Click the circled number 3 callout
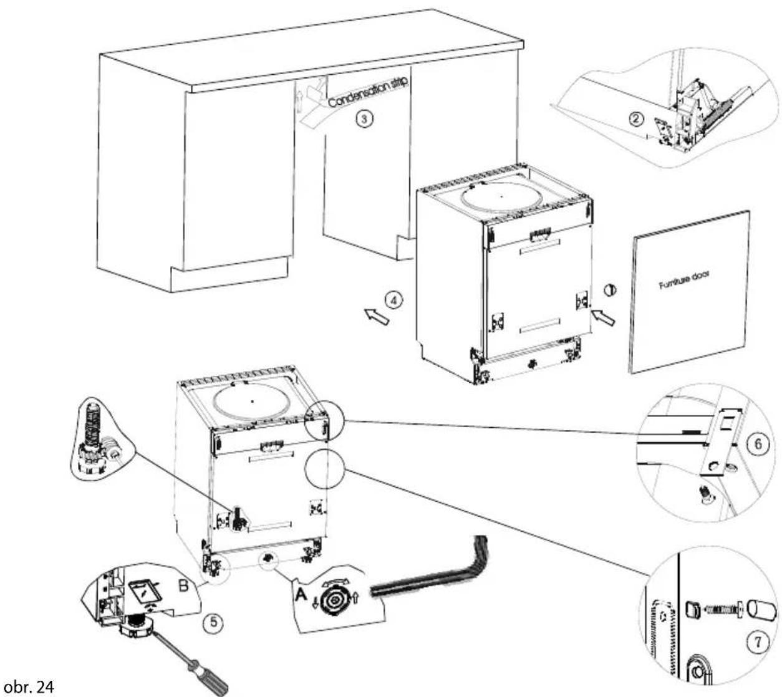tap(364, 118)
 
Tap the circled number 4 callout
tap(393, 300)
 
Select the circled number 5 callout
tap(213, 622)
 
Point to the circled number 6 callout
tap(758, 444)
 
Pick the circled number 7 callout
tap(757, 642)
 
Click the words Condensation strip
tap(368, 92)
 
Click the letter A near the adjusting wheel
tap(301, 595)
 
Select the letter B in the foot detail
tap(183, 585)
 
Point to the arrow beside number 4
tap(377, 317)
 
